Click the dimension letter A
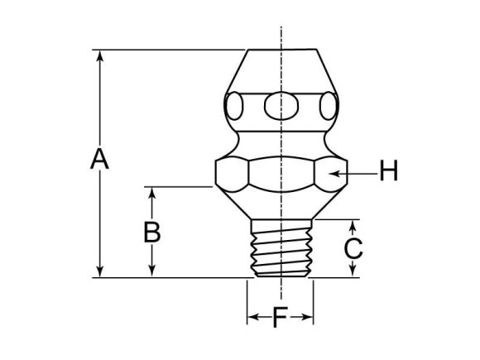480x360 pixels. [x=99, y=158]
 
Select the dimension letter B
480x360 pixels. [x=151, y=232]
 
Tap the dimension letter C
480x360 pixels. [x=353, y=247]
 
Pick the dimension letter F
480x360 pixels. [x=281, y=317]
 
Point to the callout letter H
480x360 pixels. [x=388, y=172]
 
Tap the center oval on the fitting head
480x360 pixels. [x=281, y=105]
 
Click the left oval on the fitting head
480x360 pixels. [x=236, y=106]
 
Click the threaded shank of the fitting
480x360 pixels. [x=281, y=247]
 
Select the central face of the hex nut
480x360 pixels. [x=280, y=173]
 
